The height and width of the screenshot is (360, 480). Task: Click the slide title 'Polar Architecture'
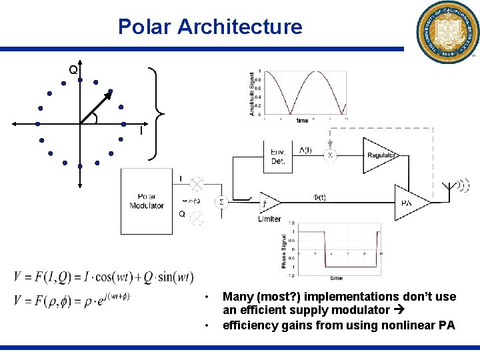210,27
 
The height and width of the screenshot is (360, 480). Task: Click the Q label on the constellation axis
73,69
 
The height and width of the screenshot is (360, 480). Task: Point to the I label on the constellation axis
141,131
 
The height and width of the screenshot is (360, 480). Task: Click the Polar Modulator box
147,201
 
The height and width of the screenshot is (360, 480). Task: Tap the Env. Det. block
278,157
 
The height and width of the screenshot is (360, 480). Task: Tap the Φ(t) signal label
319,197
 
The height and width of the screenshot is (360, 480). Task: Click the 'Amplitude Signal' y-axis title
252,94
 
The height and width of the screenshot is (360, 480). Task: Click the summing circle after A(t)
329,155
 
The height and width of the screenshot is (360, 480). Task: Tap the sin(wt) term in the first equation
172,277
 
